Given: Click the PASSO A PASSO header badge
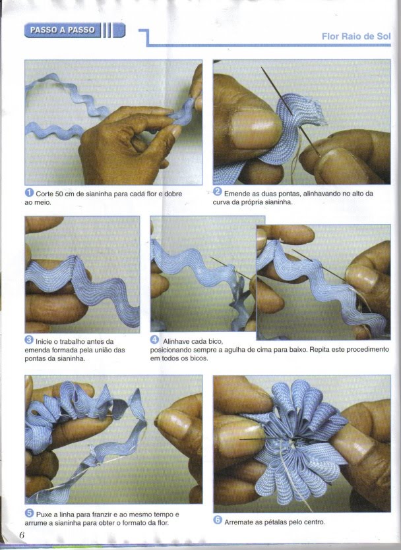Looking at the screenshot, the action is (x=75, y=30).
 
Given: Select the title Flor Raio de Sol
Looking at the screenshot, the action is (x=355, y=36).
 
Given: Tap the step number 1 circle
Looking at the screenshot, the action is (x=29, y=192).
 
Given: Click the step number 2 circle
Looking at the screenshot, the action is (x=218, y=192).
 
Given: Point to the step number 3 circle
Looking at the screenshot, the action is (x=29, y=340).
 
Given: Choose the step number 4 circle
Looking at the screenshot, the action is (x=154, y=340).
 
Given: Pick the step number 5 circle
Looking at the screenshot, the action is (x=29, y=513).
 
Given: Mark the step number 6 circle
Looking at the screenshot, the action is (x=218, y=520).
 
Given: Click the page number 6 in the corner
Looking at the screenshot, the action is (x=22, y=536).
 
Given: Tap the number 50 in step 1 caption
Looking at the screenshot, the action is (x=59, y=194).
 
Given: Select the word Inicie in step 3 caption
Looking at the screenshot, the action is (x=44, y=342).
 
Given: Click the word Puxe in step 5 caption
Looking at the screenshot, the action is (x=44, y=514).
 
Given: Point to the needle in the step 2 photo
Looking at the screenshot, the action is (x=291, y=111).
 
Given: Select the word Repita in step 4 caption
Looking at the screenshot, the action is (x=320, y=350).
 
